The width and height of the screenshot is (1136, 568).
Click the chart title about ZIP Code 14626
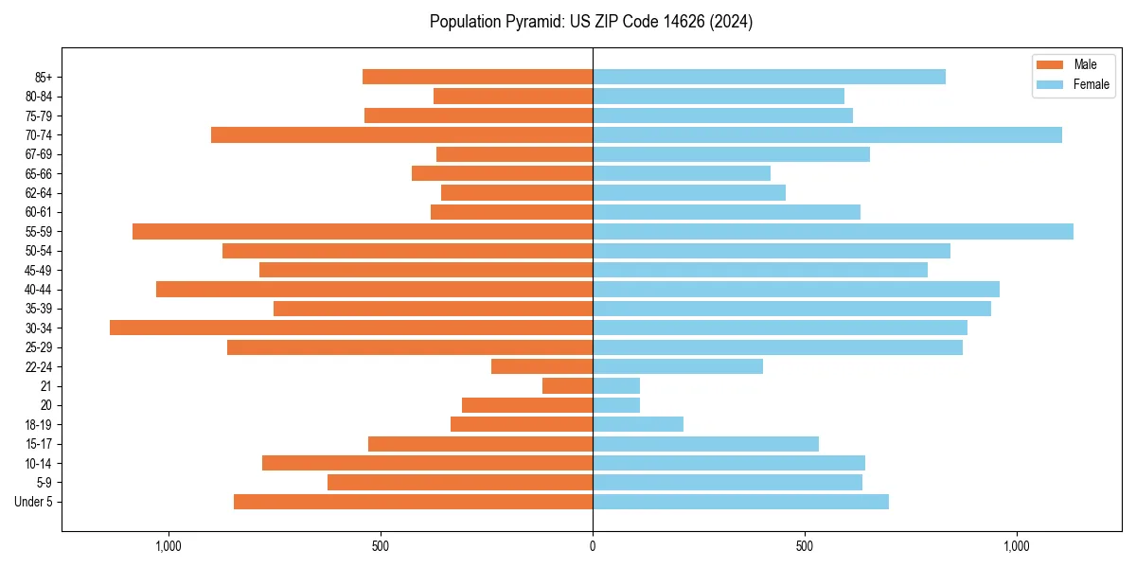click(591, 22)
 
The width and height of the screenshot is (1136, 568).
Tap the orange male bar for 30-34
click(351, 328)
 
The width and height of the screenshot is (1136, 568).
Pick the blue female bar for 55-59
click(833, 231)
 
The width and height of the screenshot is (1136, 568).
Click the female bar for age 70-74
click(827, 134)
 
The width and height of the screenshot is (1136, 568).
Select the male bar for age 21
click(567, 385)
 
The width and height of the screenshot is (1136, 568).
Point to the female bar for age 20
click(616, 405)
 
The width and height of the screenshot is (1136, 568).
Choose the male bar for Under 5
click(413, 502)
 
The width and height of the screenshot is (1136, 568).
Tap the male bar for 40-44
click(374, 289)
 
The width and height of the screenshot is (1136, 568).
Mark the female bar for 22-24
click(678, 366)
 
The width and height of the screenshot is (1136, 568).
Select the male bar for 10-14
click(427, 463)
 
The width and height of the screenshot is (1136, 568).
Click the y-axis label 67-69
click(39, 154)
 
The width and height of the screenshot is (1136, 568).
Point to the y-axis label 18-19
click(39, 424)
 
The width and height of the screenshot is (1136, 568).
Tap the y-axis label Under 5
click(34, 502)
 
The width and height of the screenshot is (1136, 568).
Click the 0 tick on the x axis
click(593, 546)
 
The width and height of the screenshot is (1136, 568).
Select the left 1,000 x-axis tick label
click(168, 546)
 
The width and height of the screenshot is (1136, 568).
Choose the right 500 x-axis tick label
click(805, 546)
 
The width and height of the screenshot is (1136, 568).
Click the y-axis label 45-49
click(39, 270)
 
